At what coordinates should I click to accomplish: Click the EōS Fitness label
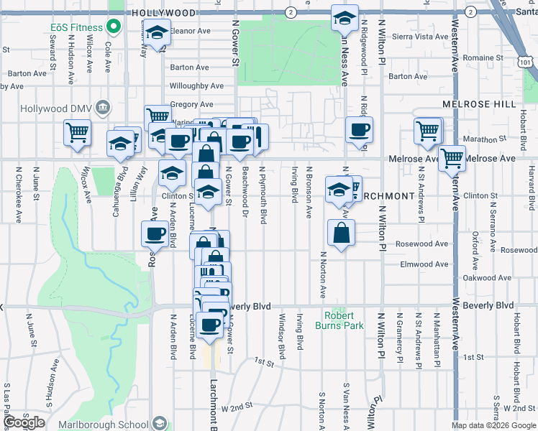point(77,28)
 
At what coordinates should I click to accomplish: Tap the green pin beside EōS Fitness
point(113,28)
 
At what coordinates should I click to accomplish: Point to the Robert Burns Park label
point(339,320)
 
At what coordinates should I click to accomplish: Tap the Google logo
point(24,422)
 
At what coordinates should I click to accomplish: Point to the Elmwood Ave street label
point(424,264)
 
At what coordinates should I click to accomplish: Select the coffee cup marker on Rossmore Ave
point(156,234)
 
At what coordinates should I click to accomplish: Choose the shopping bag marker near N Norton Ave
point(341,233)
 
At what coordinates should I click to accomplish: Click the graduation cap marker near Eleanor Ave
point(157,32)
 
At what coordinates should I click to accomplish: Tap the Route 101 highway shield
point(527,62)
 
